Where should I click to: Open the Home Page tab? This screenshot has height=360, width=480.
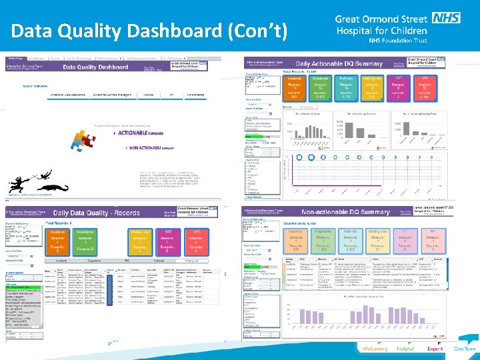tap(16, 59)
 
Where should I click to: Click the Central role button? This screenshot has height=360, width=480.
tap(150, 95)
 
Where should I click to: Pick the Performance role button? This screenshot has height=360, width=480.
tap(195, 95)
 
